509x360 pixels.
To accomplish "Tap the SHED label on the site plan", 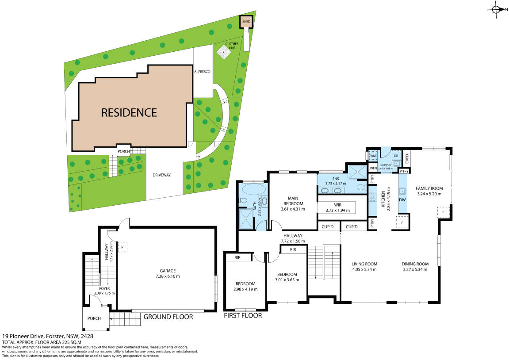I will (246, 21).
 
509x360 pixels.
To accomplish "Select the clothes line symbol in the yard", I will (225, 53).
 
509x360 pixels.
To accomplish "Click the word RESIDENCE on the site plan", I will (129, 113).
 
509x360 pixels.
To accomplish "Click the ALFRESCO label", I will (202, 71).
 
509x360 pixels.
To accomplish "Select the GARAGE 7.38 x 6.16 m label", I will (168, 273).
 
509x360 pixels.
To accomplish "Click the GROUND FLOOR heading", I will (168, 317).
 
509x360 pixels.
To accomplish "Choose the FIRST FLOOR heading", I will (243, 315).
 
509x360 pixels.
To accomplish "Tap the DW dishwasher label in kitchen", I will (402, 200).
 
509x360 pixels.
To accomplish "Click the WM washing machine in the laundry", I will (373, 155).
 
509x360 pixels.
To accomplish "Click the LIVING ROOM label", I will (364, 266).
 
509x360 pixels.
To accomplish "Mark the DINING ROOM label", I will (415, 266).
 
